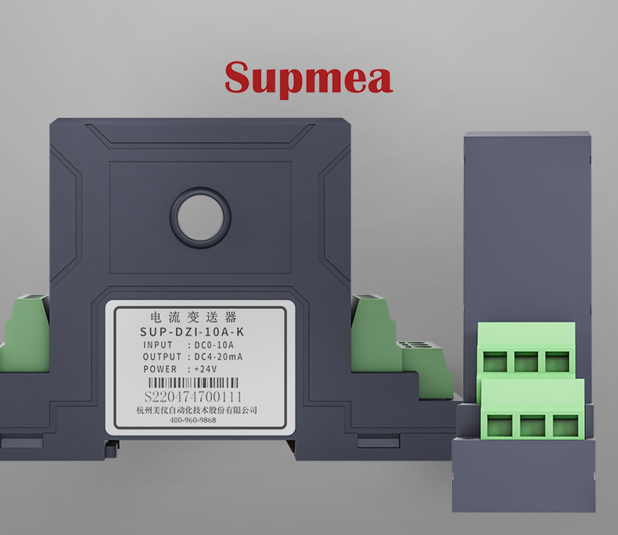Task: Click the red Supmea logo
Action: [308, 78]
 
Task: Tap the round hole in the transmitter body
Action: [200, 217]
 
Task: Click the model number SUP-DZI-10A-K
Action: [192, 332]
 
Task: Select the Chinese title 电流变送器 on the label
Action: [193, 317]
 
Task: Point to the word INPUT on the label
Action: [158, 345]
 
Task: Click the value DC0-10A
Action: [214, 345]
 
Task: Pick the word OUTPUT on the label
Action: [162, 357]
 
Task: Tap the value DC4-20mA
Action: [218, 357]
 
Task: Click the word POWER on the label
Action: [160, 369]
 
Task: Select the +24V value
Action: [205, 369]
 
